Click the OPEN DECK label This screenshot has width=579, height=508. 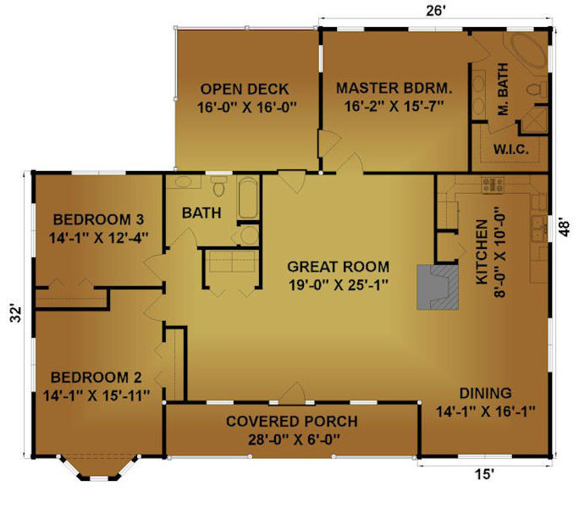[x=245, y=89]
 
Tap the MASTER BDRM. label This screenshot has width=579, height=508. [x=394, y=88]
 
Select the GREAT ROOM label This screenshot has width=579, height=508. [x=339, y=267]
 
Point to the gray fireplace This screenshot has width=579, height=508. [x=438, y=287]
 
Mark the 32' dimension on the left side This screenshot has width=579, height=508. [x=16, y=313]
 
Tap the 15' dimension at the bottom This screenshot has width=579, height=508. [x=484, y=474]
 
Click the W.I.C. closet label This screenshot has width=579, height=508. [x=511, y=149]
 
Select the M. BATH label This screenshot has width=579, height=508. [x=504, y=89]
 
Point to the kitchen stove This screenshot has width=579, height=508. [x=493, y=185]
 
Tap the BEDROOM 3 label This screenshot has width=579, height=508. [x=98, y=219]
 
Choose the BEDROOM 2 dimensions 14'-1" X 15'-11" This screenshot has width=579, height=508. [x=96, y=395]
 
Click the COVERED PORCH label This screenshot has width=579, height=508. [x=292, y=421]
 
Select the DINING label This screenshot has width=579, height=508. [x=485, y=393]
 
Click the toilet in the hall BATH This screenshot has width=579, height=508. [x=219, y=185]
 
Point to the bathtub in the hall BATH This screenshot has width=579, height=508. [x=248, y=198]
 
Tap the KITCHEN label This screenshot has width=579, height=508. [x=482, y=252]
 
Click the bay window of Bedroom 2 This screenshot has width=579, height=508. [x=98, y=469]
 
